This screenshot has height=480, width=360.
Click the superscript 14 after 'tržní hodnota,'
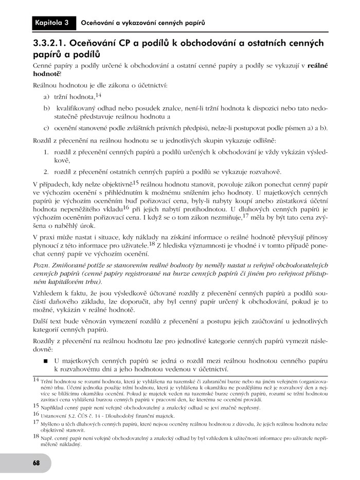pos(98,95)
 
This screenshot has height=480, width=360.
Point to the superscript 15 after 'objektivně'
pos(136,182)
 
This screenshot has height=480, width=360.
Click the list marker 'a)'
pos(46,97)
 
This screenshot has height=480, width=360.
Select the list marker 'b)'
pos(46,109)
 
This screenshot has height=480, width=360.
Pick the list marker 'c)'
pos(46,128)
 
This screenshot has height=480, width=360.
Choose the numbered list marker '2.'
pos(46,171)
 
